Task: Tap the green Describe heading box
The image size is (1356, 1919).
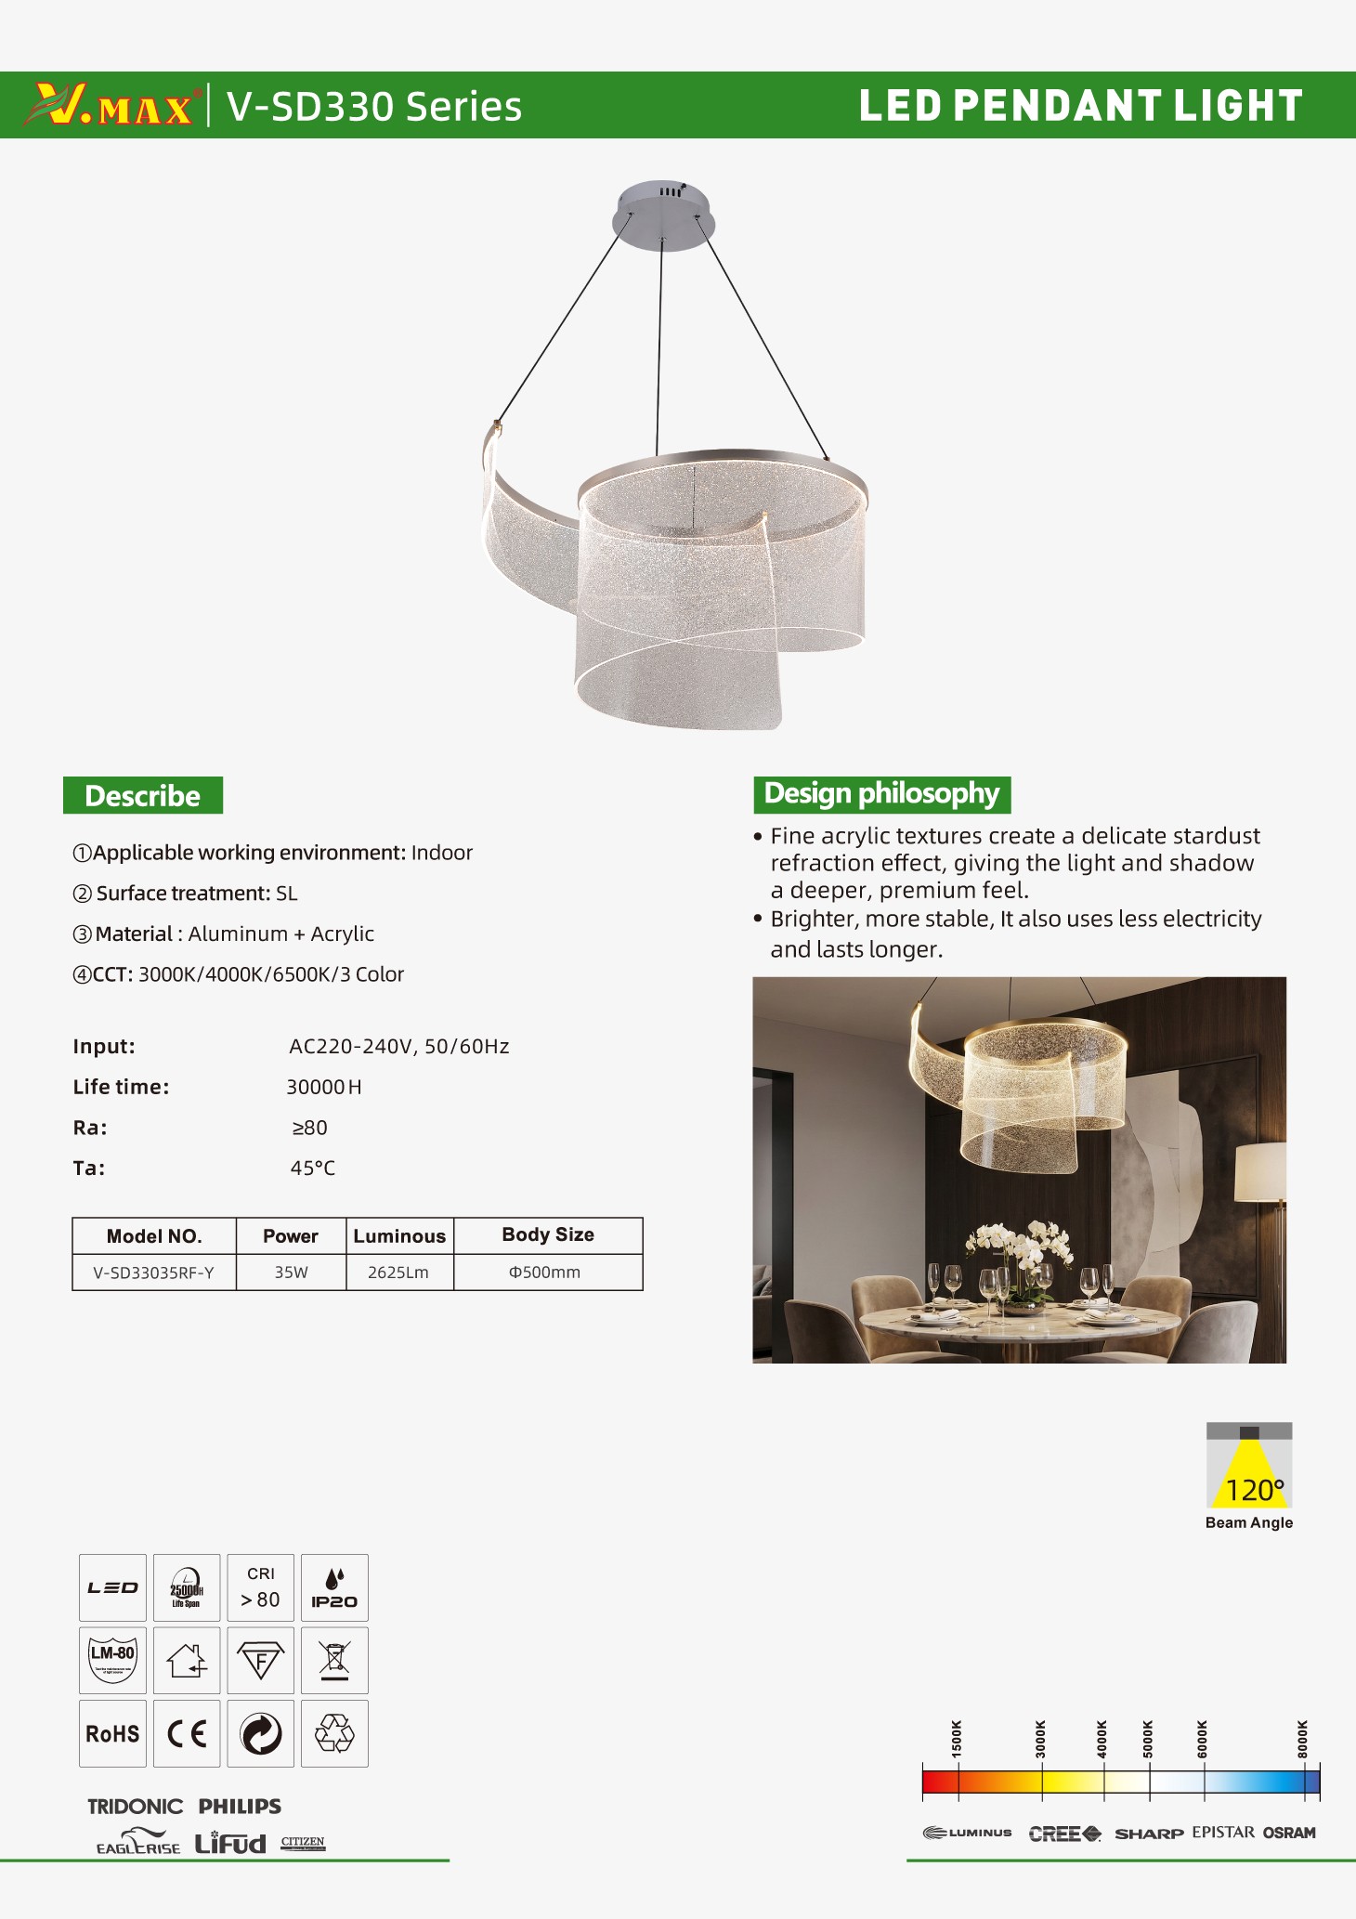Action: click(143, 796)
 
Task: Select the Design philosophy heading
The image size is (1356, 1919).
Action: click(881, 794)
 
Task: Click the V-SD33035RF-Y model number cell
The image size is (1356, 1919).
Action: click(153, 1273)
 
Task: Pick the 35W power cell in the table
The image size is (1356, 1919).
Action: click(291, 1273)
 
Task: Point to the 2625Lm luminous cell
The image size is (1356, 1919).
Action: click(398, 1273)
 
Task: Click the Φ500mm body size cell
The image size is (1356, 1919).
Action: click(545, 1273)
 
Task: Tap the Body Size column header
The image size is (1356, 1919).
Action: click(548, 1235)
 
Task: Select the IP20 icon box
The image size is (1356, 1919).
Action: click(334, 1588)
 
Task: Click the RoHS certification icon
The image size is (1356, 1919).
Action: click(112, 1734)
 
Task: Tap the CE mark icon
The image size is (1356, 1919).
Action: click(187, 1734)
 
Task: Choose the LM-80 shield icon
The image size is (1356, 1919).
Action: click(112, 1661)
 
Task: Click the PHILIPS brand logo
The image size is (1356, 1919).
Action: click(240, 1807)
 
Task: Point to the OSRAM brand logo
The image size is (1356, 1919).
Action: click(1289, 1833)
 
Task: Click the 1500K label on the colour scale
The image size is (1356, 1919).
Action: click(957, 1738)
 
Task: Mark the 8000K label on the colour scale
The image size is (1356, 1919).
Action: click(1302, 1738)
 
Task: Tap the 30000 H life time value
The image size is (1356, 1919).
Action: click(323, 1088)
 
